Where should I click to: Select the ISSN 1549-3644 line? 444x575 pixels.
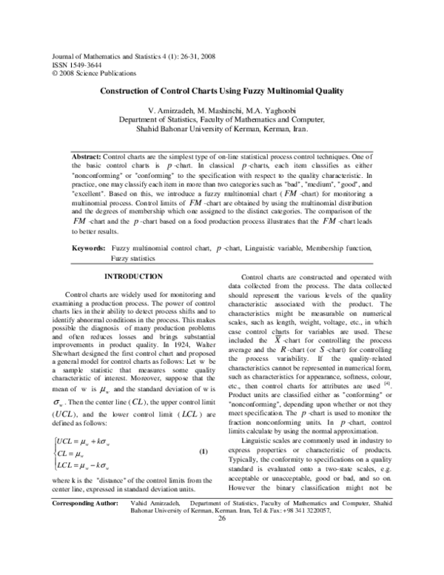72,64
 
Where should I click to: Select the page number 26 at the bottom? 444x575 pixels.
221,538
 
